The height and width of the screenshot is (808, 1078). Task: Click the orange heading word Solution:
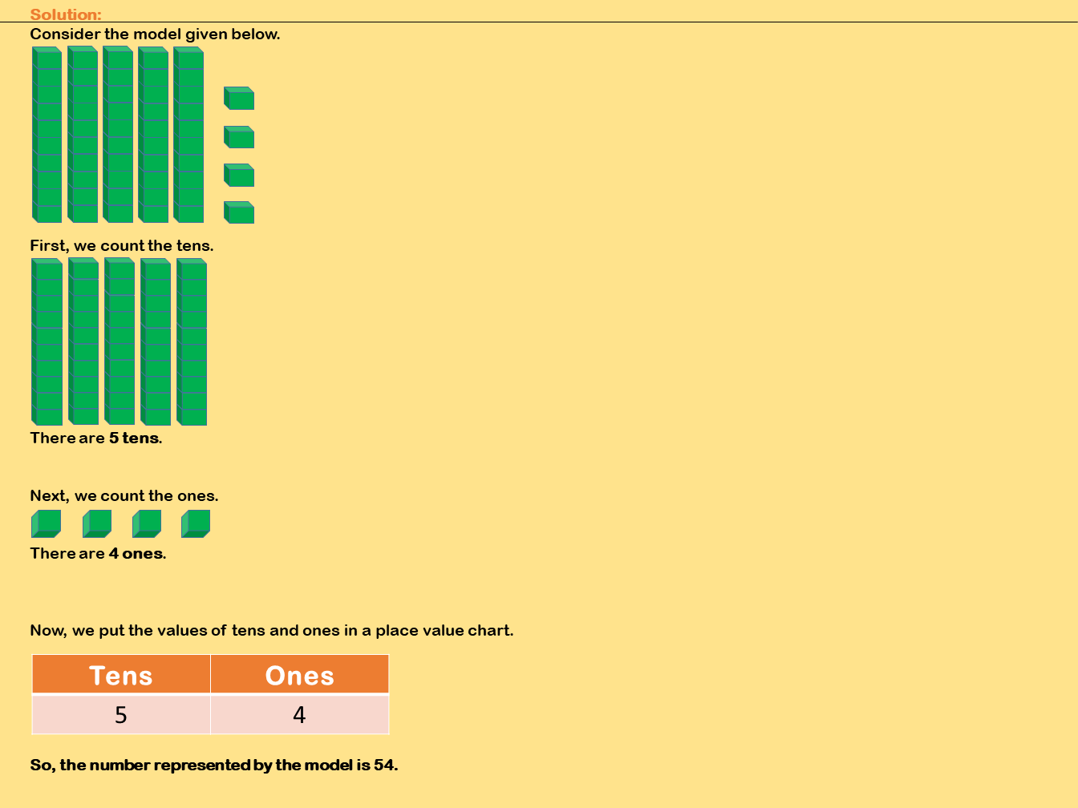[x=66, y=14]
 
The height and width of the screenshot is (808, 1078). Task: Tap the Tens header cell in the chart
[x=121, y=674]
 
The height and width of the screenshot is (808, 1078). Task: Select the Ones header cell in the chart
[x=300, y=674]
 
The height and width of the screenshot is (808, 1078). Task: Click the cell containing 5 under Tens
[x=121, y=714]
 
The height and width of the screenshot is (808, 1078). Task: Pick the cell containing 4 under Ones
[x=300, y=714]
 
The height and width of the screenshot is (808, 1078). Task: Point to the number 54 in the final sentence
[x=385, y=765]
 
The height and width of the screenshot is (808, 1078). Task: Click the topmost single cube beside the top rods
[x=239, y=98]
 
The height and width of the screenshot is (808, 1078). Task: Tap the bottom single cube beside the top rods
[x=239, y=212]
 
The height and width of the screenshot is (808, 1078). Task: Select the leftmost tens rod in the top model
[x=47, y=135]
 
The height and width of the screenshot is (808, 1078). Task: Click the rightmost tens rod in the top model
[x=188, y=135]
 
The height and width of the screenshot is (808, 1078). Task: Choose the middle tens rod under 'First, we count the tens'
[x=120, y=341]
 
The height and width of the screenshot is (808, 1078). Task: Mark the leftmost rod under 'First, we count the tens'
[x=47, y=341]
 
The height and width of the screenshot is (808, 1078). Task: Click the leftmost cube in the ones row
[x=47, y=524]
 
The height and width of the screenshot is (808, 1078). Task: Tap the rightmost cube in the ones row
[x=196, y=524]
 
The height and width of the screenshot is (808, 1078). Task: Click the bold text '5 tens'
[x=135, y=438]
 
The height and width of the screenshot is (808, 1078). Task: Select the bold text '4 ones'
[x=137, y=553]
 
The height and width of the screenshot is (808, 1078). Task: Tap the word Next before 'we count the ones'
[x=49, y=496]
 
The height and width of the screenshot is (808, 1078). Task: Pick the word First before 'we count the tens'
[x=49, y=246]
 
